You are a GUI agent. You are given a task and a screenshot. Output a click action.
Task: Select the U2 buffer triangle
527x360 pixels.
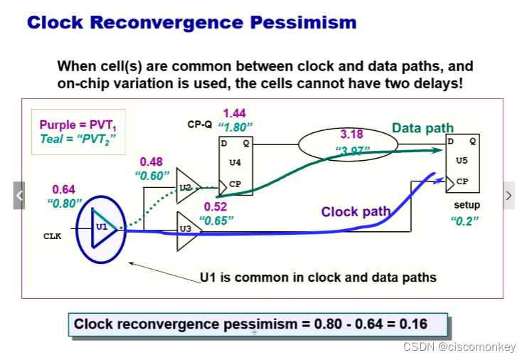pyautogui.click(x=187, y=187)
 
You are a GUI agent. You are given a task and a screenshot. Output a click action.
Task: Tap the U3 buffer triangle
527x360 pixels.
pyautogui.click(x=187, y=228)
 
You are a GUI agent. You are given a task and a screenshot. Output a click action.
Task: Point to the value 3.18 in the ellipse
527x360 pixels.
pyautogui.click(x=351, y=134)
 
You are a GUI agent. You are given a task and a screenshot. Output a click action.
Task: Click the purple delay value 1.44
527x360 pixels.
pyautogui.click(x=235, y=113)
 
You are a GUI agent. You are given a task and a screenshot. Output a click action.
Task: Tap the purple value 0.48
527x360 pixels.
pyautogui.click(x=151, y=162)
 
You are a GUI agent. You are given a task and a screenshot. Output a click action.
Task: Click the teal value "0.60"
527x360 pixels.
pyautogui.click(x=152, y=175)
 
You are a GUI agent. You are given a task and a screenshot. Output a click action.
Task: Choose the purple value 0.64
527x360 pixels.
pyautogui.click(x=64, y=189)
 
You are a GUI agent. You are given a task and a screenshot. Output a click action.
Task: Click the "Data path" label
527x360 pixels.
pyautogui.click(x=422, y=129)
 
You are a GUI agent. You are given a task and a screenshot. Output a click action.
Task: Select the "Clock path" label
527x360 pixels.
pyautogui.click(x=356, y=211)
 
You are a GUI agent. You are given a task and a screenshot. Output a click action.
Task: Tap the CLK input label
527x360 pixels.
pyautogui.click(x=53, y=236)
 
